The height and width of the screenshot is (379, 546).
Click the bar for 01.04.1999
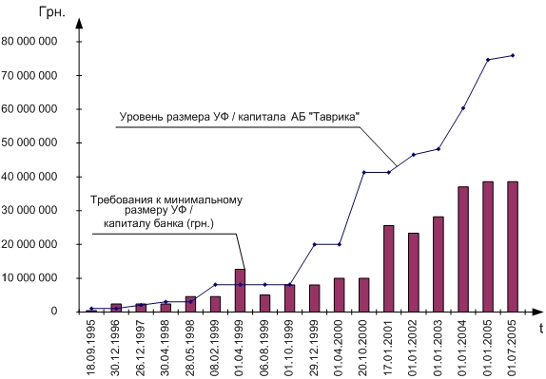coord(240,291)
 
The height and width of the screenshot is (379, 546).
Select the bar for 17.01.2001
coord(389,269)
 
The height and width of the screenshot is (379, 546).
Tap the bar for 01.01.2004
coord(463,249)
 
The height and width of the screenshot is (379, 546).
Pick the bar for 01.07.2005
coord(513,247)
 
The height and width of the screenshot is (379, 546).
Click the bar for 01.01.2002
coord(414,273)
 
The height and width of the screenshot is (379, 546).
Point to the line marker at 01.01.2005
coord(488,60)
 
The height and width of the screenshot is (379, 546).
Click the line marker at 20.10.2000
coord(364,172)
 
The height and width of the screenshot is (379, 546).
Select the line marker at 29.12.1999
coord(315,244)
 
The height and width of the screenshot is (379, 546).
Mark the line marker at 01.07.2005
coord(513,55)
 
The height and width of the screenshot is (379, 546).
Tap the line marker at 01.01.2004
coord(463,108)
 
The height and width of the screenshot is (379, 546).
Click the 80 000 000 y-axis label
coord(29,42)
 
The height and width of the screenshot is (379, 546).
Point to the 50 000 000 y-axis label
coord(29,142)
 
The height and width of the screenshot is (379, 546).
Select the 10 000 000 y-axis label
coord(29,277)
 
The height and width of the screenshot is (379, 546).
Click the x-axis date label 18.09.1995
coord(91,348)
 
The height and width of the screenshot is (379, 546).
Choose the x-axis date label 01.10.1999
coord(290,348)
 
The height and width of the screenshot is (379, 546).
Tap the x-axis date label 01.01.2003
coord(439,348)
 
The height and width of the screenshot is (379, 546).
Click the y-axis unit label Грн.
coord(52,12)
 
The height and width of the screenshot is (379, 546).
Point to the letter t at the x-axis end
coord(541,328)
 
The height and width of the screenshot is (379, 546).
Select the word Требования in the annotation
coord(112,199)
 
